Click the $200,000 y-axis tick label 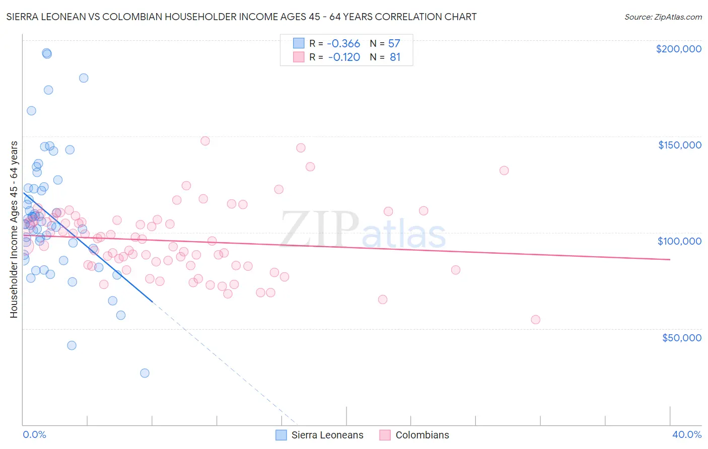click(x=678, y=49)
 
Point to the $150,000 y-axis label click(x=679, y=145)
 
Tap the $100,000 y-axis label click(x=679, y=241)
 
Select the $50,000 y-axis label click(x=681, y=337)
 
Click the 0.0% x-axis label click(x=34, y=434)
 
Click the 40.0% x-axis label click(x=687, y=434)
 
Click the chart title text click(x=241, y=17)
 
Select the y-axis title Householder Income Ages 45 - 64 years click(x=14, y=230)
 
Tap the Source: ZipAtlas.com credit click(x=663, y=17)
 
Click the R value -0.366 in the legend click(x=344, y=43)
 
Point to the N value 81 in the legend click(x=395, y=57)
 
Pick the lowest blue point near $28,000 click(x=145, y=373)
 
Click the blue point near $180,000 click(x=84, y=78)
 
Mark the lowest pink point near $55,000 click(x=535, y=320)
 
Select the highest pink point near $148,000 click(x=205, y=141)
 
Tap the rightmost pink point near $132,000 click(x=504, y=171)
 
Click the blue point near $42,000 click(x=72, y=345)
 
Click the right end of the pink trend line click(x=670, y=259)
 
